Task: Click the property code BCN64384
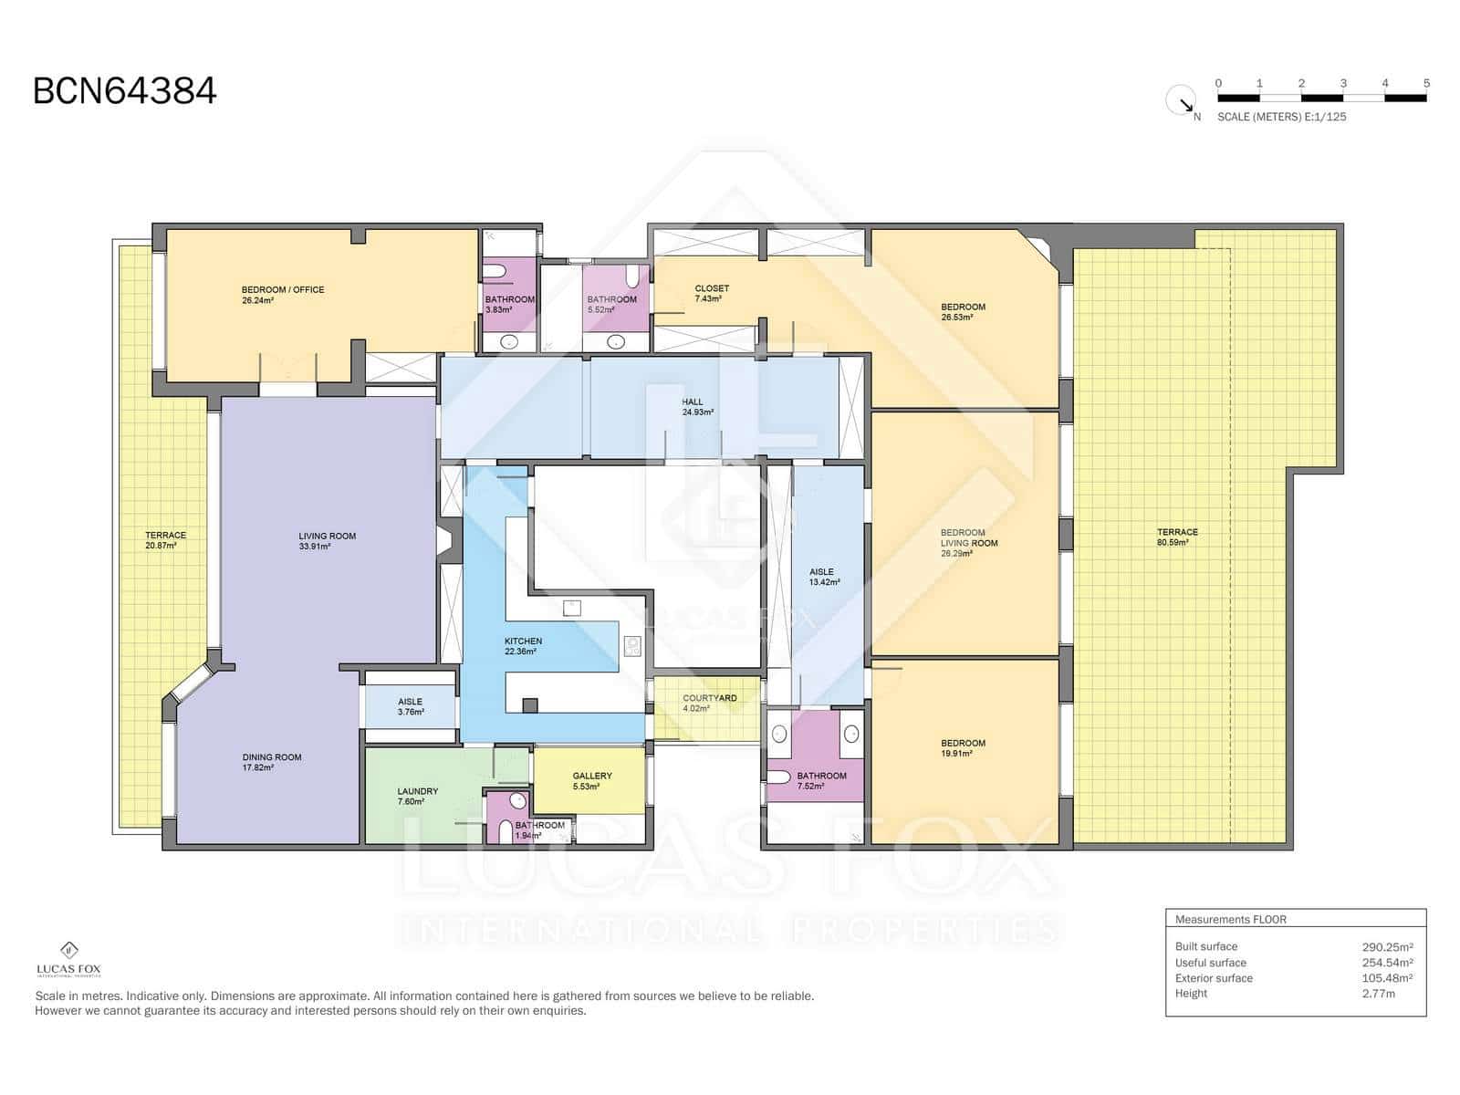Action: pyautogui.click(x=125, y=91)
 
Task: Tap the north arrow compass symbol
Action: pyautogui.click(x=1182, y=100)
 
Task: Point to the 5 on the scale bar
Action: pyautogui.click(x=1426, y=83)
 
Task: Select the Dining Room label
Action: pyautogui.click(x=272, y=762)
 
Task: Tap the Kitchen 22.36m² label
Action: pyautogui.click(x=523, y=646)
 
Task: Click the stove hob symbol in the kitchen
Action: pyautogui.click(x=632, y=646)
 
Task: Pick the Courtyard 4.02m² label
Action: pyautogui.click(x=709, y=703)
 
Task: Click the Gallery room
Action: pyautogui.click(x=591, y=780)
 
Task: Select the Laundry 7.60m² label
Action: pyautogui.click(x=417, y=797)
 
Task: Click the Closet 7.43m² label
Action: pyautogui.click(x=712, y=293)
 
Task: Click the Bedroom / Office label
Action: pyautogui.click(x=282, y=295)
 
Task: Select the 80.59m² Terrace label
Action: pyautogui.click(x=1177, y=537)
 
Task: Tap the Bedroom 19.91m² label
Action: pyautogui.click(x=963, y=748)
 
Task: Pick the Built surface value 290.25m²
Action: pyautogui.click(x=1387, y=947)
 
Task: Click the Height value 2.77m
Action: pyautogui.click(x=1378, y=994)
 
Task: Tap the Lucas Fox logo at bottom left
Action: pyautogui.click(x=68, y=959)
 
